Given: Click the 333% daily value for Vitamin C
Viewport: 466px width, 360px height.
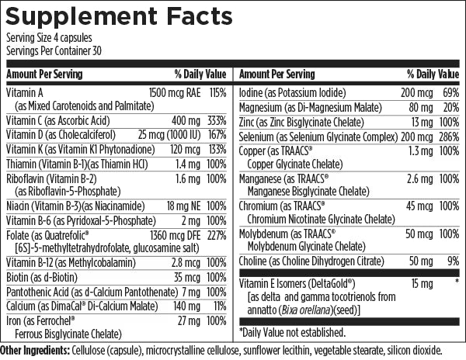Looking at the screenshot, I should (x=216, y=120).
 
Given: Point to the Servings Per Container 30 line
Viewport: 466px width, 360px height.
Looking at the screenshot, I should (x=55, y=50).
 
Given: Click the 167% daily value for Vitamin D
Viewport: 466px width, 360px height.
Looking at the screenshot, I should (x=216, y=134).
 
